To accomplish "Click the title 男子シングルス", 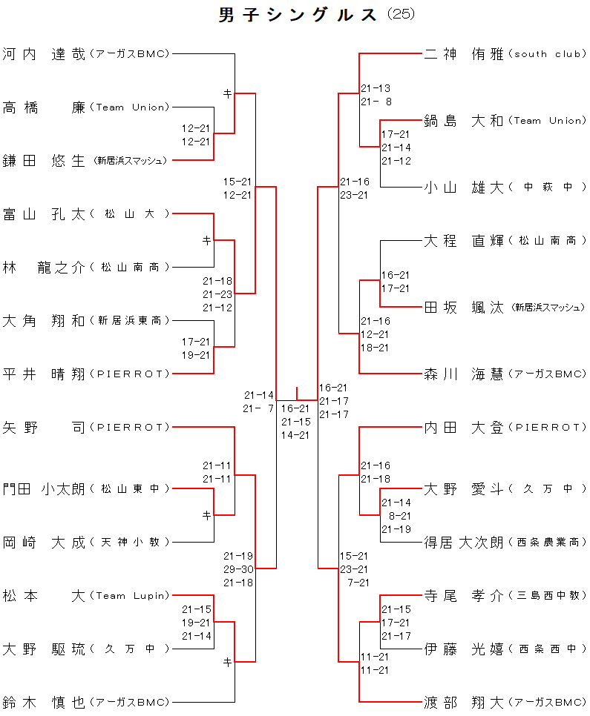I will coord(298,15).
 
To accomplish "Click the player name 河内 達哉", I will coord(44,54).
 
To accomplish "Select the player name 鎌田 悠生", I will coord(44,161).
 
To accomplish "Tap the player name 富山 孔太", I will coord(44,214).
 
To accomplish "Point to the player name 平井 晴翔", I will coord(44,374).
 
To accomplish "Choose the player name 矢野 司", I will coord(44,428).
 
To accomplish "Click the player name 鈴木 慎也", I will coord(44,702).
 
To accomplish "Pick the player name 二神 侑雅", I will coord(464,54).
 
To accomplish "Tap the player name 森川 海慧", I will coord(464,374).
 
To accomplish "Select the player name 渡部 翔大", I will coord(464,702).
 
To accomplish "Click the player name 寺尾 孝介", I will coord(464,595).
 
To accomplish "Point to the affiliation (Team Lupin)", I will coord(129,595).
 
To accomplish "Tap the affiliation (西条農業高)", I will coord(548,542).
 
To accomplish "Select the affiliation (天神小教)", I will coord(130,542).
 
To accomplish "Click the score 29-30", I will coord(237,569).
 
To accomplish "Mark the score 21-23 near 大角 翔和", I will coord(217,294).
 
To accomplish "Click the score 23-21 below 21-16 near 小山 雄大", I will coord(354,196).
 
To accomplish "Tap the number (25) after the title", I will coord(401,14).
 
